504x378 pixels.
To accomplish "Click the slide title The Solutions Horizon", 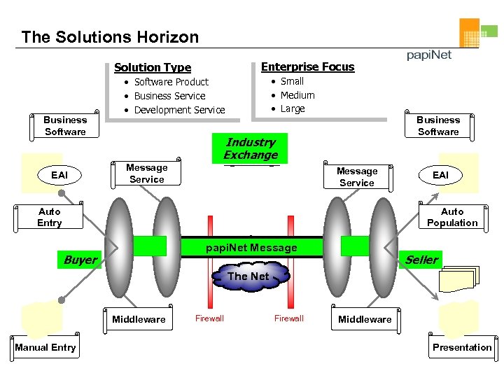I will point(110,37).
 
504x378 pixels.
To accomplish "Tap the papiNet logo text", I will point(430,55).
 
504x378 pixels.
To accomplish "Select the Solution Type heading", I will point(153,67).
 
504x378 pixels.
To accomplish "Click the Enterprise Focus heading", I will point(307,66).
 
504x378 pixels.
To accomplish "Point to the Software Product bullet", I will point(171,82).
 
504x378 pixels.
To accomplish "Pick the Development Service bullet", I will point(179,110).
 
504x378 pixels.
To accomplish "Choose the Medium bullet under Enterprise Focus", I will point(297,95).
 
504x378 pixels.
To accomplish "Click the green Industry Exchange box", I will point(250,148).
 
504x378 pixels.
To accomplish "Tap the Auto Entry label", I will point(50,217).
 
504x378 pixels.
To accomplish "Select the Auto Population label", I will point(452,217).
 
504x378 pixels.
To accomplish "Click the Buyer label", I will point(80,260).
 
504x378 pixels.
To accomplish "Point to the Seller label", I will point(421,260).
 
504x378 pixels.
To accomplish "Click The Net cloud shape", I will point(248,276).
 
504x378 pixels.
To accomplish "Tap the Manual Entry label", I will point(45,347).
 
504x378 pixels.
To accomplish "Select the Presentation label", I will point(462,347).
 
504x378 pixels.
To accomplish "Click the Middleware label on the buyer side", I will point(139,319).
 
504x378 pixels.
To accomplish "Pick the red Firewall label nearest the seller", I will point(288,318).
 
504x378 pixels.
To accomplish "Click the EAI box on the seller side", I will point(440,175).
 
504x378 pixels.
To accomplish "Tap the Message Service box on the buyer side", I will point(147,174).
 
